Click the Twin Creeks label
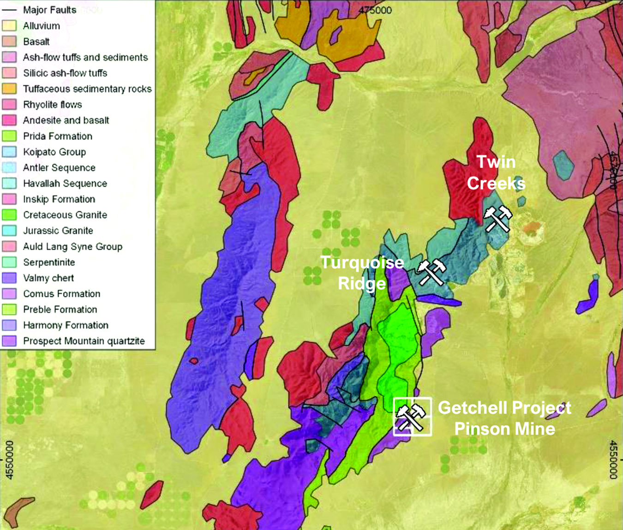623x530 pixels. [x=496, y=173]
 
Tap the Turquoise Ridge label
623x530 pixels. [x=362, y=273]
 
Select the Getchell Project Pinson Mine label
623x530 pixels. [x=504, y=418]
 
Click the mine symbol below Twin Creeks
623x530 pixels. [x=497, y=219]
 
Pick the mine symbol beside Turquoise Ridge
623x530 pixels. [x=431, y=272]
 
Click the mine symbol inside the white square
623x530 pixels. [x=412, y=417]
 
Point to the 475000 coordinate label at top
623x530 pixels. [x=375, y=10]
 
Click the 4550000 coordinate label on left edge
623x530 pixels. [x=9, y=460]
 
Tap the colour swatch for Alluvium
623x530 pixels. [x=9, y=26]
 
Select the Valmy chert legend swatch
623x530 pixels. [x=9, y=278]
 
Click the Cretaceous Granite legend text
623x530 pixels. [x=65, y=215]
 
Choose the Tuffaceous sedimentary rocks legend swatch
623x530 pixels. [x=9, y=89]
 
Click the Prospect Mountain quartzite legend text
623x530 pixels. [x=84, y=341]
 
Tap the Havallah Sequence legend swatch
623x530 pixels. [x=9, y=184]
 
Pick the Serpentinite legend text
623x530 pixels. [x=49, y=262]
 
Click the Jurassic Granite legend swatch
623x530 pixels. [x=9, y=231]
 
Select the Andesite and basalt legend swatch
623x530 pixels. [x=9, y=120]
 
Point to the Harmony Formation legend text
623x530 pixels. [x=66, y=326]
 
